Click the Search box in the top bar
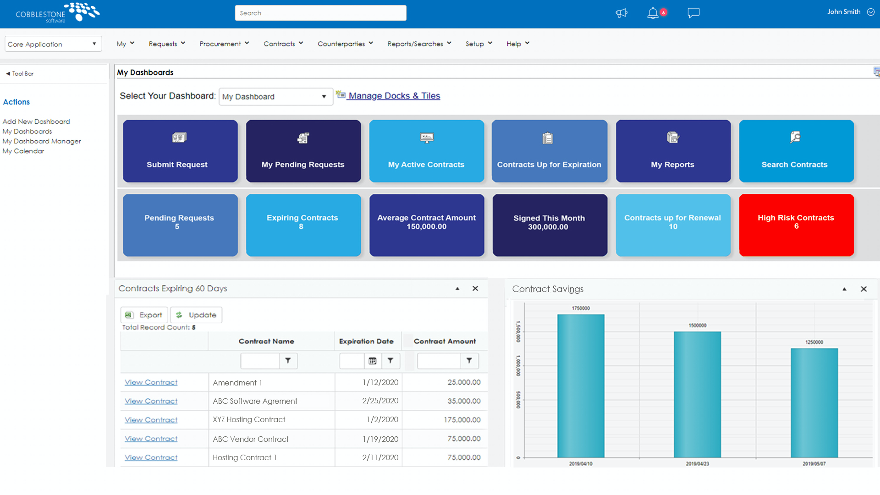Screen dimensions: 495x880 point(320,13)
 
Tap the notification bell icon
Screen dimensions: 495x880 point(653,13)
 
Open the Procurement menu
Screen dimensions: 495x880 point(224,44)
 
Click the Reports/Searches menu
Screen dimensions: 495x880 point(419,44)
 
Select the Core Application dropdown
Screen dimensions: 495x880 point(53,44)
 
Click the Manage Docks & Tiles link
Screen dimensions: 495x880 point(394,96)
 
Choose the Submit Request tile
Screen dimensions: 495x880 point(180,151)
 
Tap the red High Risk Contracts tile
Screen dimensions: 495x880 point(796,225)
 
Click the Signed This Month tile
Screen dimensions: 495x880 point(550,225)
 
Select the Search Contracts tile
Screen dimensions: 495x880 point(796,151)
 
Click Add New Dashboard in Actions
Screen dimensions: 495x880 point(36,121)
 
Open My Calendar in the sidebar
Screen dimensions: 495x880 point(23,151)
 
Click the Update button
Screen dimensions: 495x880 point(196,315)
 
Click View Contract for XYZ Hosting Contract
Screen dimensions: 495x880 point(151,420)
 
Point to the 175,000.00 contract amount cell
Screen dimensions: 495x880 point(462,420)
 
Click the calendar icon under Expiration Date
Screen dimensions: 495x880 point(373,361)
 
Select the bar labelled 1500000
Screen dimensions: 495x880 point(697,394)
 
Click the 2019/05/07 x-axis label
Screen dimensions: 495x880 point(814,464)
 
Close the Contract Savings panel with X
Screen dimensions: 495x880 point(863,289)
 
